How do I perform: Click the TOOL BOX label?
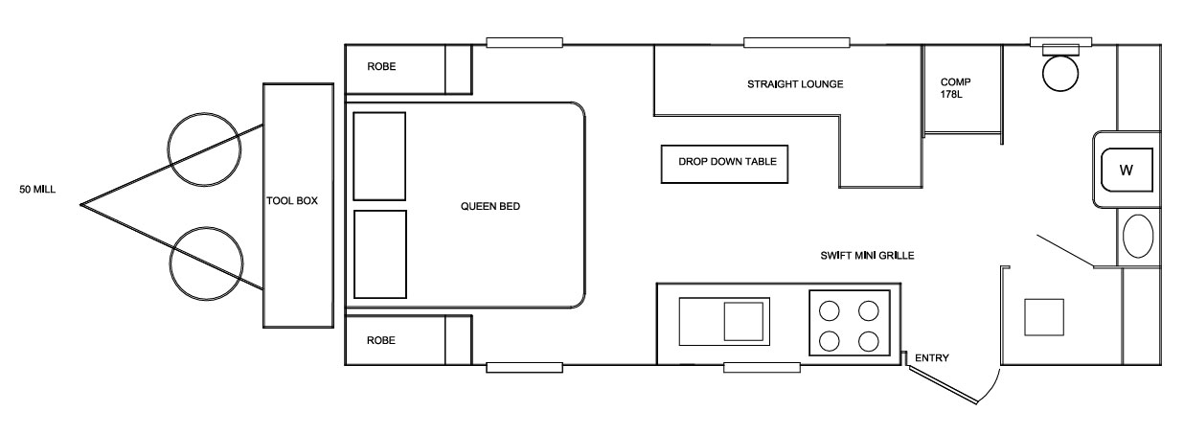pyautogui.click(x=292, y=201)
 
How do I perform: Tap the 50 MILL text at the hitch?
pyautogui.click(x=37, y=190)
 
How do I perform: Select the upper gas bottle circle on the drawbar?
pyautogui.click(x=204, y=149)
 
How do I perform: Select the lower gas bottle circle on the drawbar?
pyautogui.click(x=206, y=263)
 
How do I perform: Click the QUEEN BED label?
pyautogui.click(x=490, y=206)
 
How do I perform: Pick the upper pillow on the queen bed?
pyautogui.click(x=379, y=156)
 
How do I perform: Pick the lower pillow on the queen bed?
pyautogui.click(x=380, y=254)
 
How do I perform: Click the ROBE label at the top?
pyautogui.click(x=381, y=67)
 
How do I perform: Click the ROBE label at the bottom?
pyautogui.click(x=381, y=340)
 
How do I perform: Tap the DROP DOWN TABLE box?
pyautogui.click(x=724, y=165)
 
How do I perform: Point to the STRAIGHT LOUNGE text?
pyautogui.click(x=795, y=84)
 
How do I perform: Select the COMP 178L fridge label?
pyautogui.click(x=955, y=88)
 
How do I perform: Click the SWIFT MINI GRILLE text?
pyautogui.click(x=867, y=256)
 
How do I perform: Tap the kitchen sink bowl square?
pyautogui.click(x=743, y=321)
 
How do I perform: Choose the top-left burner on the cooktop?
pyautogui.click(x=830, y=310)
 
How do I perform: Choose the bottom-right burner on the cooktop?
pyautogui.click(x=869, y=341)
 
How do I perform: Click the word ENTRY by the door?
pyautogui.click(x=932, y=358)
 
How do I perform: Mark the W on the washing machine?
pyautogui.click(x=1126, y=171)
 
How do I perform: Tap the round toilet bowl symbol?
pyautogui.click(x=1060, y=73)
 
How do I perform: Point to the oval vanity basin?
pyautogui.click(x=1137, y=236)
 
